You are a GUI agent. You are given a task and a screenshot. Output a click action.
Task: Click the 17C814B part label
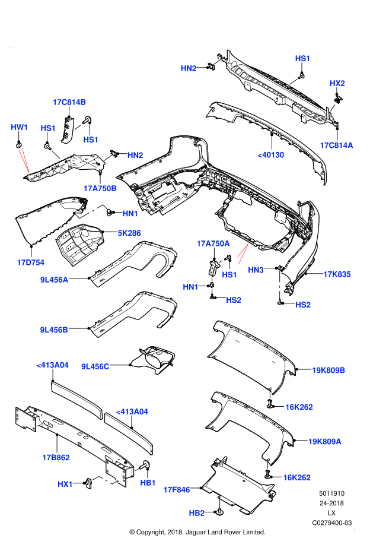69,102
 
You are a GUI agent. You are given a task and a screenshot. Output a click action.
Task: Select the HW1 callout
20,127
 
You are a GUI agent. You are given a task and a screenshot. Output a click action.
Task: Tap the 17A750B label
100,188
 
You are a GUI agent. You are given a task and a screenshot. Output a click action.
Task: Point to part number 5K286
129,233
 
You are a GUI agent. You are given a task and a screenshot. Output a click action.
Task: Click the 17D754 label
30,262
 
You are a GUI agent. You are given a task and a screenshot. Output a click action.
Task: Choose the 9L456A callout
54,280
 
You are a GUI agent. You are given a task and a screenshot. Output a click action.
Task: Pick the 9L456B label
54,330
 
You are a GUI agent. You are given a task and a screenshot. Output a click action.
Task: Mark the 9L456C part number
95,366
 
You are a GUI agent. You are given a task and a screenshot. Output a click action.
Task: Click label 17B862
56,457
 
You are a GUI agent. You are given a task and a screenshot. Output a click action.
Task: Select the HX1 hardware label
65,484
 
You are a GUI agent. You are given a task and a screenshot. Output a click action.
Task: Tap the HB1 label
148,483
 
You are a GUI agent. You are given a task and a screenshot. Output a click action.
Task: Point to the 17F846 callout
177,490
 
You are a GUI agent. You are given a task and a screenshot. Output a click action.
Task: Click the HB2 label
197,513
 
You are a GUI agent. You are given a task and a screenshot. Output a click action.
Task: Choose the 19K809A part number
324,441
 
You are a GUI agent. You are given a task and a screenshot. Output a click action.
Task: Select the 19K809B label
329,370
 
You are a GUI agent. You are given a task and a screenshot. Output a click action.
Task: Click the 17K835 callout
337,274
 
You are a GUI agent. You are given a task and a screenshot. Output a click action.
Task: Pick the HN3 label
256,270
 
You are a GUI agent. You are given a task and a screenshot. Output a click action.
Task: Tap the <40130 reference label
271,155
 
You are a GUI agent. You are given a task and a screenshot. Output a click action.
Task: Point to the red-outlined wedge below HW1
24,160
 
